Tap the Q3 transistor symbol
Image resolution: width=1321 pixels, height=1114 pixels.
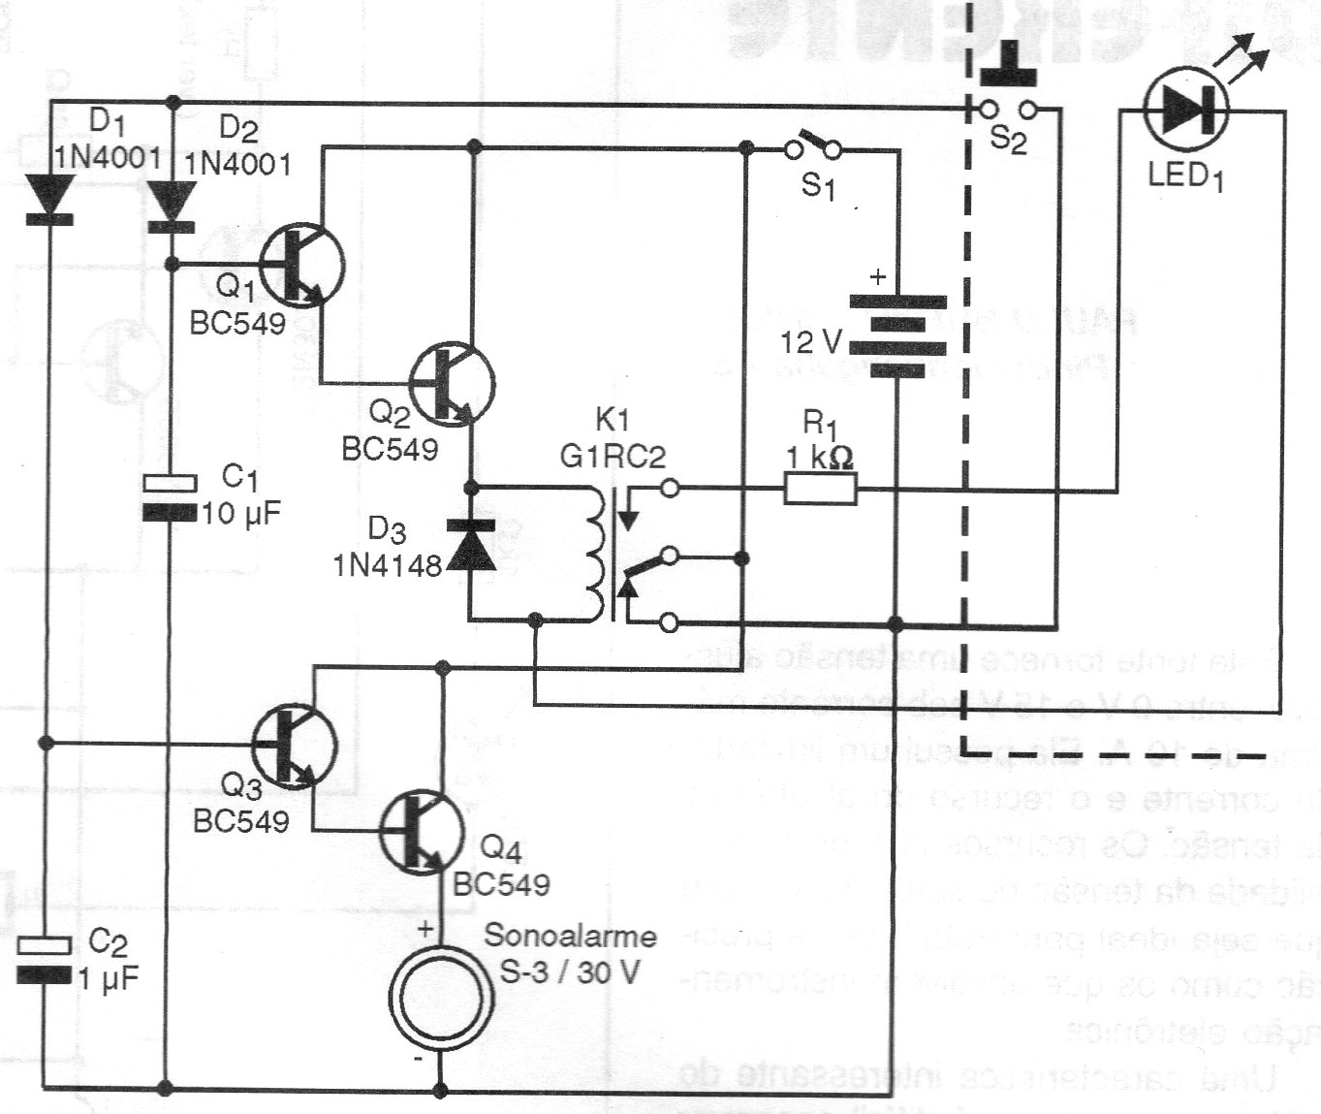[295, 745]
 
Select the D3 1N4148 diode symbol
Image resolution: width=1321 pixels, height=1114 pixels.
[470, 545]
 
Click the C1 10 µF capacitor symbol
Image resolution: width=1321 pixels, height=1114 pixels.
[170, 496]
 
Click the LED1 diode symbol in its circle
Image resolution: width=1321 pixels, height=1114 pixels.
[1185, 110]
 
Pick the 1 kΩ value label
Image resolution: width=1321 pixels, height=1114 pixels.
[820, 457]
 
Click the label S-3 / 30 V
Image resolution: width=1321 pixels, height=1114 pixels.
[570, 971]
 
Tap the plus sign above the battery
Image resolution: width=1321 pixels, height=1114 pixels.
[878, 277]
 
